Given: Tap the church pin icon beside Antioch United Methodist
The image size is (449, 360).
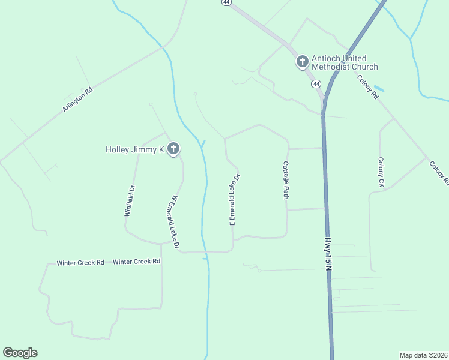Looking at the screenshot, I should click(302, 61).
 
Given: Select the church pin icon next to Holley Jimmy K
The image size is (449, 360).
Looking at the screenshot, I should click(173, 149).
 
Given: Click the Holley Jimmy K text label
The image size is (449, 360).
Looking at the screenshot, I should click(135, 149).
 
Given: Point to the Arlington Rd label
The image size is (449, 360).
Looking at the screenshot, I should click(78, 100).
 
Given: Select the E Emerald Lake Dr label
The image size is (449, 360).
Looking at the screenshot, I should click(235, 200).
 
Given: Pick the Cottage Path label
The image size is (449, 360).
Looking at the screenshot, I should click(286, 179).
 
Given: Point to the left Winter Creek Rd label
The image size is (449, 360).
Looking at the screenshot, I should click(80, 263).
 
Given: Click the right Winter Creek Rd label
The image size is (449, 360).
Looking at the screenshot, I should click(137, 262).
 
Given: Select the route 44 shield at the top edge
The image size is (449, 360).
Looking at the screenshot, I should click(226, 2).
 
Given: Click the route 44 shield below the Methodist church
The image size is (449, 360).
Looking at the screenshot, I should click(316, 84).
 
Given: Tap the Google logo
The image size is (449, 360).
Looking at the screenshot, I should click(20, 353).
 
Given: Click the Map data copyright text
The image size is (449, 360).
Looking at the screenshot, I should click(423, 355).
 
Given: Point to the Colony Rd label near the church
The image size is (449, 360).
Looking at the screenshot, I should click(367, 86).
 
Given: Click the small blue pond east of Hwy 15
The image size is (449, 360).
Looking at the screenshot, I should click(379, 89).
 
